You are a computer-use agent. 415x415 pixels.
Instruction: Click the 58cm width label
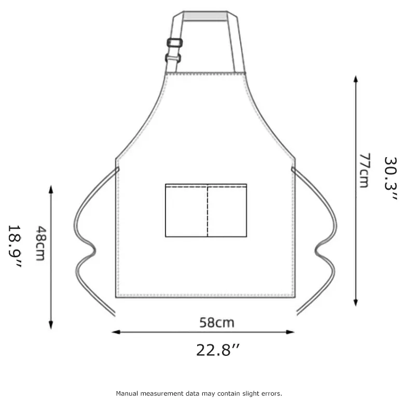pyautogui.click(x=217, y=323)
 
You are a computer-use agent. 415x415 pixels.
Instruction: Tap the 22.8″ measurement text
pyautogui.click(x=217, y=350)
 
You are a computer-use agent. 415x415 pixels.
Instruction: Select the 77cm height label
pyautogui.click(x=364, y=170)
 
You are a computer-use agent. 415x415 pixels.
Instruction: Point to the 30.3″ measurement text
pyautogui.click(x=391, y=178)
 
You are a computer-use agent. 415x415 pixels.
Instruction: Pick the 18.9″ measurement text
pyautogui.click(x=15, y=246)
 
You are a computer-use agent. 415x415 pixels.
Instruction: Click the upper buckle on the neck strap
pyautogui.click(x=175, y=43)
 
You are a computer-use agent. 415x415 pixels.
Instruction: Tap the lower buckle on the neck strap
pyautogui.click(x=173, y=58)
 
